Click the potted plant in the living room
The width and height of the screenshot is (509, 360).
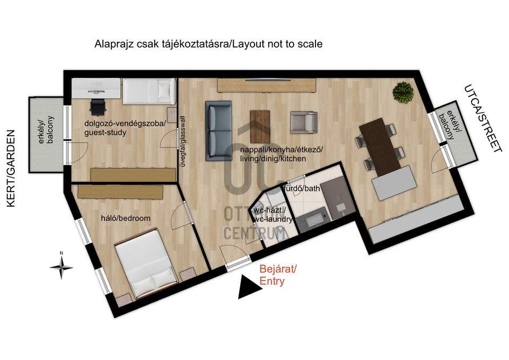coord(403,92)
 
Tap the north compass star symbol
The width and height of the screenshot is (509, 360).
coord(62,268)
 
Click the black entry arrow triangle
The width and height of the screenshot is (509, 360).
coord(249,287)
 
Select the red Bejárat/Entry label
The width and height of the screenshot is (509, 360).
coord(278,275)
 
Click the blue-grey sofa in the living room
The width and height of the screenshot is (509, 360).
coord(218,131)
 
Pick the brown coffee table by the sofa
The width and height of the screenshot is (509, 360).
coord(260,122)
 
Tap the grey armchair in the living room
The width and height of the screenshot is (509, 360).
coord(303,122)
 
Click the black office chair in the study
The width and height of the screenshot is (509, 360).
coord(98,107)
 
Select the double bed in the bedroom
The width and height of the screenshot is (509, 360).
coord(146,264)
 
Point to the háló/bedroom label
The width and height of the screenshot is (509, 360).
coord(126,218)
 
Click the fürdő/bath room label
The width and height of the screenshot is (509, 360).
coord(302,188)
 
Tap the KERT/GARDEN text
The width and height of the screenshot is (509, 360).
coord(11,168)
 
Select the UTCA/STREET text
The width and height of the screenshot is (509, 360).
coord(480,118)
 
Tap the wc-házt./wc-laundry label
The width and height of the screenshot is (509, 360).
coord(273,215)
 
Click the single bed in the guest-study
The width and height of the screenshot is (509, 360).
coord(150,91)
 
